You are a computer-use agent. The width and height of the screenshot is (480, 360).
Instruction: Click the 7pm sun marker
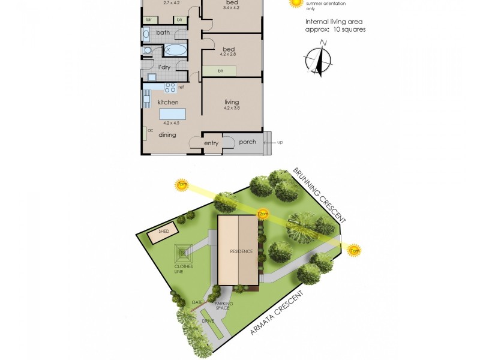tap(181, 184)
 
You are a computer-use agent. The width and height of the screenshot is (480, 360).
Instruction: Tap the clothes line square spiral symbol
tap(184, 253)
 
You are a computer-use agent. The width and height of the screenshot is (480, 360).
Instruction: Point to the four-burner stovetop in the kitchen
tap(170, 88)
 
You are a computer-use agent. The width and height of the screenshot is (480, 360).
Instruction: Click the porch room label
tap(247, 142)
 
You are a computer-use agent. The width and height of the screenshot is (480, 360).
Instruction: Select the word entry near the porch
tap(211, 143)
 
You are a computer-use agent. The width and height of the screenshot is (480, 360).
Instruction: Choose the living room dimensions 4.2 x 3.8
tap(232, 109)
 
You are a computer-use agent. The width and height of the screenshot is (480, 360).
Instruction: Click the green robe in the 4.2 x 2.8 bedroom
tap(219, 71)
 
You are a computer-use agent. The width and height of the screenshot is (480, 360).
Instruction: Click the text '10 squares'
tap(349, 29)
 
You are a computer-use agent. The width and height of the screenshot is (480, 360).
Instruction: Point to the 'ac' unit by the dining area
tap(146, 133)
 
